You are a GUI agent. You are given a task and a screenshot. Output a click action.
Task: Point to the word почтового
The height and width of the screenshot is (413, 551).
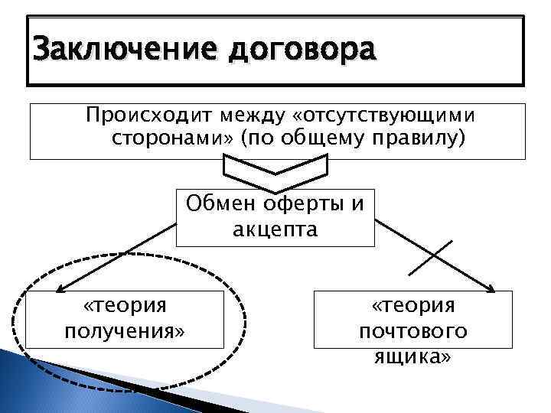413,331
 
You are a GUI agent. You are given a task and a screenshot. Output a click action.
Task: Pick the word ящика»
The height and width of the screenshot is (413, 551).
413,356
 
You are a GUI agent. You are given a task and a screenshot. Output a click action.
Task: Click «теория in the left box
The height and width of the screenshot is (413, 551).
125,306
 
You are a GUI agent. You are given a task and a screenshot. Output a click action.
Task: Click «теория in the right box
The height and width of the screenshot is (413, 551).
413,306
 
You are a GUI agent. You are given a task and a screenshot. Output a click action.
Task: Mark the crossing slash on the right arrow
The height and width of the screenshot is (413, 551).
431,258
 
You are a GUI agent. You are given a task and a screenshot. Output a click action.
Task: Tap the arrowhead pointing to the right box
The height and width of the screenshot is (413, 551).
491,288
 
